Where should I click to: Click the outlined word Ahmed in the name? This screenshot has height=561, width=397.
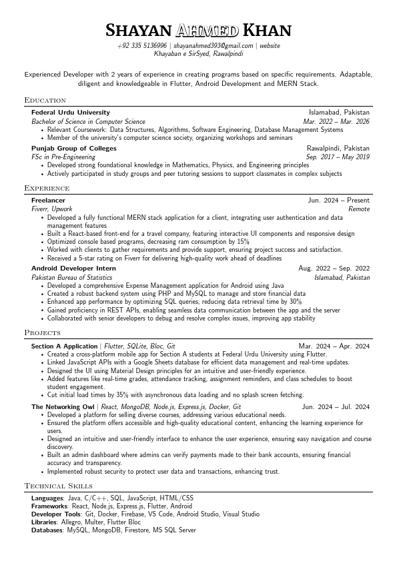coord(207,31)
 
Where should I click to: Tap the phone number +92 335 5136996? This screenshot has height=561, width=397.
coord(142,45)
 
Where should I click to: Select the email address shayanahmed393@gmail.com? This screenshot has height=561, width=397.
coord(213,45)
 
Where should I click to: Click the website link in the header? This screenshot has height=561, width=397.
coord(270,45)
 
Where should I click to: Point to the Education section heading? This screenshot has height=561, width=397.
coord(45,100)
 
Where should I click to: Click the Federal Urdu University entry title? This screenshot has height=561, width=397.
coord(71,113)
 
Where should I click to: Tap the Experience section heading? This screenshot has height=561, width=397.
coord(47,188)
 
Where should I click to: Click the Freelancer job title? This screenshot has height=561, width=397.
coord(48,200)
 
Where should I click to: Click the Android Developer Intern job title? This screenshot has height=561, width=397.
coord(73,268)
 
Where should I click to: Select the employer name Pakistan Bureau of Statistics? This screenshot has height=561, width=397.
coord(71,277)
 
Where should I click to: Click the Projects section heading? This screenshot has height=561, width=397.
coord(43,332)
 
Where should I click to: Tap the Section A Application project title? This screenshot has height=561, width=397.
coord(64,346)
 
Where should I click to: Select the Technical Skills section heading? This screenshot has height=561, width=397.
coord(58,485)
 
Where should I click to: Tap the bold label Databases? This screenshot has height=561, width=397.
coord(47,530)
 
